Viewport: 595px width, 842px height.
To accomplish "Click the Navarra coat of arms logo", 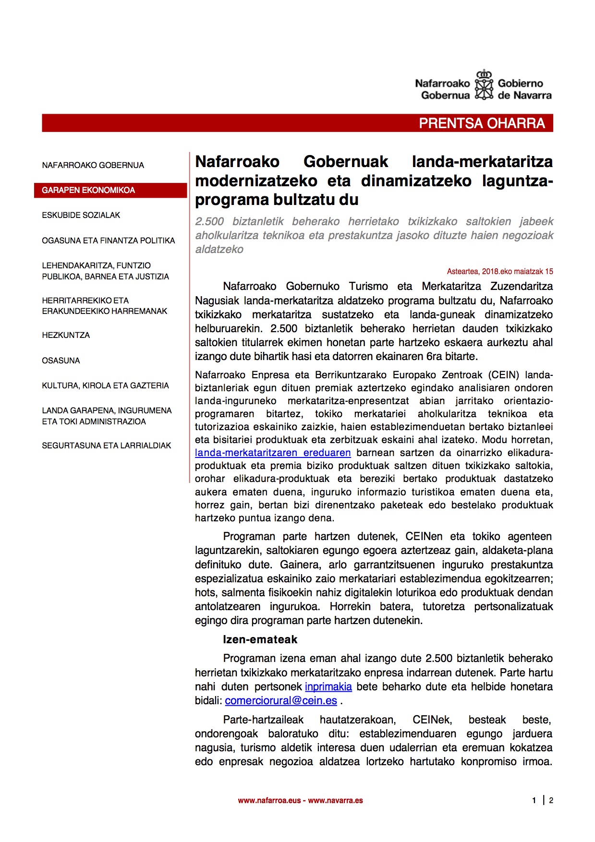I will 484,85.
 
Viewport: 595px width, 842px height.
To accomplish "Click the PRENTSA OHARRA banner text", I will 482,123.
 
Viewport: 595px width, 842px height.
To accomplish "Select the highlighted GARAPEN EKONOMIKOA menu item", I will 88,190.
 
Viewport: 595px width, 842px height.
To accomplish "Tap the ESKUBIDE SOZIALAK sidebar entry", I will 81,215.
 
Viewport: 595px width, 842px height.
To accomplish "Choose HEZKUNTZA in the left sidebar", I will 66,335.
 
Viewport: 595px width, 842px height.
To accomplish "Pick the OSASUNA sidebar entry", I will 61,361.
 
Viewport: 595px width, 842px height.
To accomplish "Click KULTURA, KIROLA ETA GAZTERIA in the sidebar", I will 105,385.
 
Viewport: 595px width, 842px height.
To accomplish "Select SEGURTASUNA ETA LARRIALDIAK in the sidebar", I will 106,445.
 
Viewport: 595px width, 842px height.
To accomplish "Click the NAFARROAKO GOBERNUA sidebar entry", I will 93,165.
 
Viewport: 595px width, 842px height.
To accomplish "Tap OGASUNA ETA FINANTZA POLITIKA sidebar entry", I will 108,241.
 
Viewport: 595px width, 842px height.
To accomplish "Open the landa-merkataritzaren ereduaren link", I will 273,453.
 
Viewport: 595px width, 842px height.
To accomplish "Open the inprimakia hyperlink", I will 328,687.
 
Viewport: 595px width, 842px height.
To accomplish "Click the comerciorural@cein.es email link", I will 281,701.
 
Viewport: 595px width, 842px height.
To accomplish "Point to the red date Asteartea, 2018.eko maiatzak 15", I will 499,272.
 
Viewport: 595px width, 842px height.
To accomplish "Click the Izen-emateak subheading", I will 260,639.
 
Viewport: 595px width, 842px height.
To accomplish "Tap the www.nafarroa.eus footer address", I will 269,800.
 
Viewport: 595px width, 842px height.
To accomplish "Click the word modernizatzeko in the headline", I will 256,181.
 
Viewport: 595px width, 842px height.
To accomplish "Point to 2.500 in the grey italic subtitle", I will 209,221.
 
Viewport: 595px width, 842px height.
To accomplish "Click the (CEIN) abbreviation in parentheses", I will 503,375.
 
